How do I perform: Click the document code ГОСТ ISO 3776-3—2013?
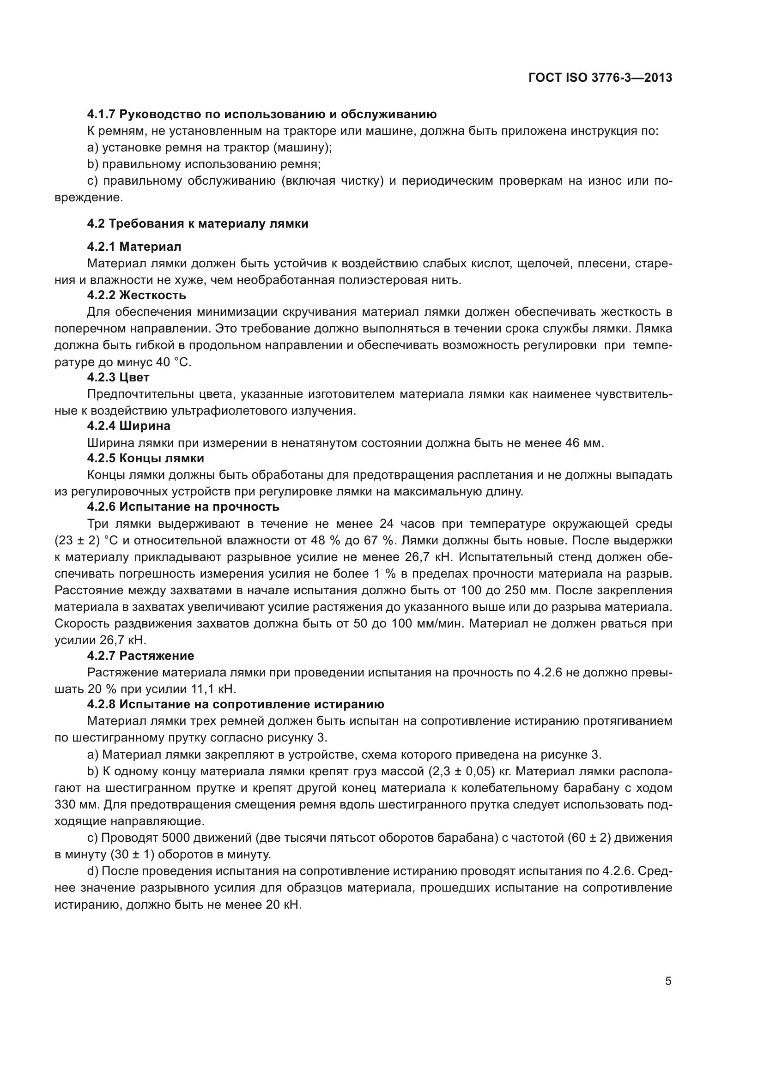600,78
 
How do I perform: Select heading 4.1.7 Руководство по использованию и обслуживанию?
261,114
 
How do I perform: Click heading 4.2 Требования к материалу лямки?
198,223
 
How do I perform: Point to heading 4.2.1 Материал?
134,246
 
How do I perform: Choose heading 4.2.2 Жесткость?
136,295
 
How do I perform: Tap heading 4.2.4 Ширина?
128,426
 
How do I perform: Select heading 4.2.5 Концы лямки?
146,458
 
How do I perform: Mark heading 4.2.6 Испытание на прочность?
183,507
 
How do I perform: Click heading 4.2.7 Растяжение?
140,655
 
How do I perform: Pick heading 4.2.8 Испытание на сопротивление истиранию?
235,704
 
